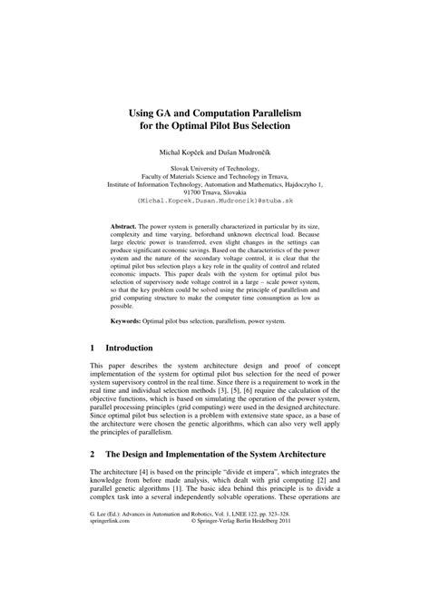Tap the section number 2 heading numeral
(93, 451)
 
